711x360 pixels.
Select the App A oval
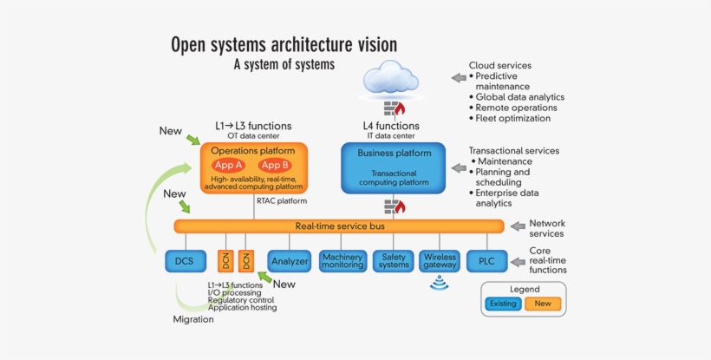tap(228, 165)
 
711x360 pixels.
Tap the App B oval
tap(274, 165)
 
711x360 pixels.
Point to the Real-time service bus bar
tap(339, 226)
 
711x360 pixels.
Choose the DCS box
tap(186, 260)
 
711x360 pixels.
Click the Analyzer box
tap(290, 260)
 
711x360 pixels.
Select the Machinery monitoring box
tap(342, 260)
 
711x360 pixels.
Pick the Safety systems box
tap(394, 260)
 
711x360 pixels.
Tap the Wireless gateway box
tap(440, 260)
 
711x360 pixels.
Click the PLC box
tap(486, 260)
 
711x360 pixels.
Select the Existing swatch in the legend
tap(503, 304)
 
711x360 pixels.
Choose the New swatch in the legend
tap(543, 304)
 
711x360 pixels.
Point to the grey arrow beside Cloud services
tap(458, 78)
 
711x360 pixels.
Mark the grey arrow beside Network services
tap(517, 226)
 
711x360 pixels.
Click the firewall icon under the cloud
tap(396, 109)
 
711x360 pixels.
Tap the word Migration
tap(192, 319)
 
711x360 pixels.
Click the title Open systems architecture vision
tap(284, 43)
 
